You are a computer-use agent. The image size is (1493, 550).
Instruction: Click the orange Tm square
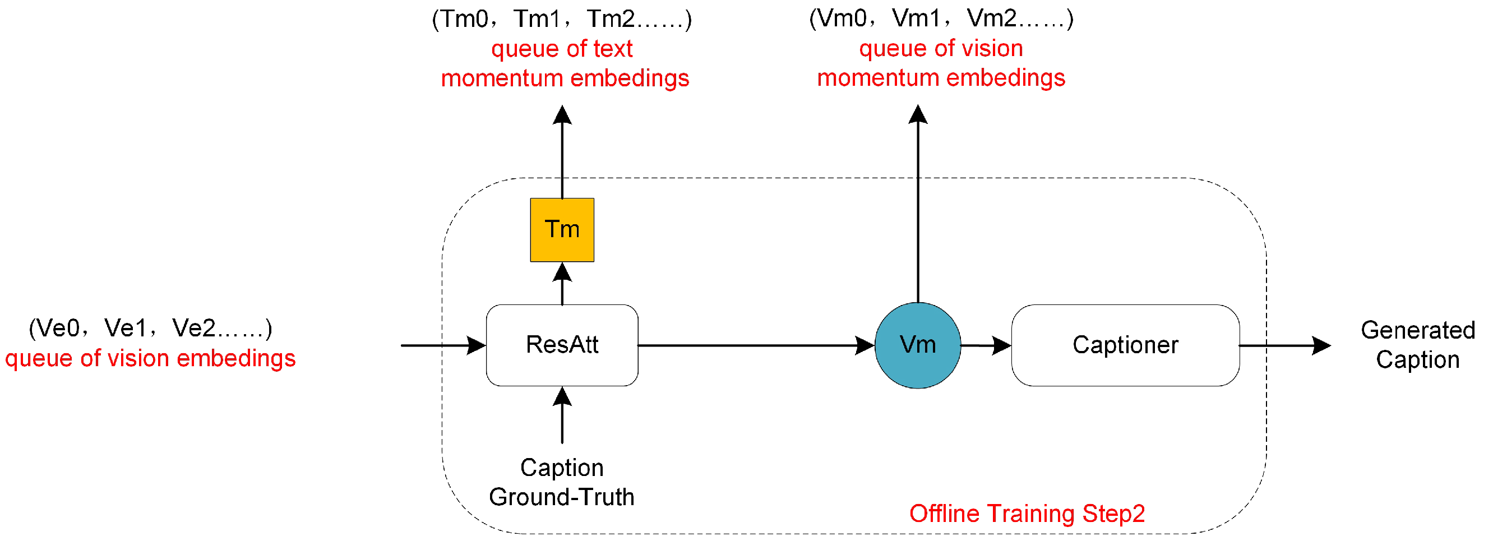(x=562, y=230)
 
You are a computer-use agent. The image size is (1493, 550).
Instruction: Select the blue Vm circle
(x=917, y=345)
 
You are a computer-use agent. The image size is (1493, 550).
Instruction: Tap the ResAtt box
(x=562, y=345)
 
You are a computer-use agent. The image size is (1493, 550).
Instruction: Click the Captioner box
(x=1125, y=345)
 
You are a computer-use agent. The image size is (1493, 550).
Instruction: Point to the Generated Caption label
(x=1417, y=345)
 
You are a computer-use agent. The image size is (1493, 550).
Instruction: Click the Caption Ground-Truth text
(x=562, y=482)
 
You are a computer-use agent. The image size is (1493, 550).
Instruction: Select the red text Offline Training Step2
(x=1027, y=514)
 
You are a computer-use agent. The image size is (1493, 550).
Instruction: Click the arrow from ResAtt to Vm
(x=754, y=345)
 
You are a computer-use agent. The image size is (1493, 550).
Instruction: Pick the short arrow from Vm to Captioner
(x=985, y=345)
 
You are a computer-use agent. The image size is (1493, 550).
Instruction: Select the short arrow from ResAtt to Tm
(x=562, y=284)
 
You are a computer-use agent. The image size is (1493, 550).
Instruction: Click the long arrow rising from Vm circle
(x=917, y=203)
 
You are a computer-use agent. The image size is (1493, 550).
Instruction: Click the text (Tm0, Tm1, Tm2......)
(x=562, y=19)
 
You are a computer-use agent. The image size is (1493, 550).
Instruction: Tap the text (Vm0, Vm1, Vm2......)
(x=941, y=19)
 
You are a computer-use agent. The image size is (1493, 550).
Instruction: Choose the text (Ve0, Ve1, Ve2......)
(x=150, y=328)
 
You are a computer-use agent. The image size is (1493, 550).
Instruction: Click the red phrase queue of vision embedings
(x=150, y=358)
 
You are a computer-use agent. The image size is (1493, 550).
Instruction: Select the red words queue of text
(x=562, y=49)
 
